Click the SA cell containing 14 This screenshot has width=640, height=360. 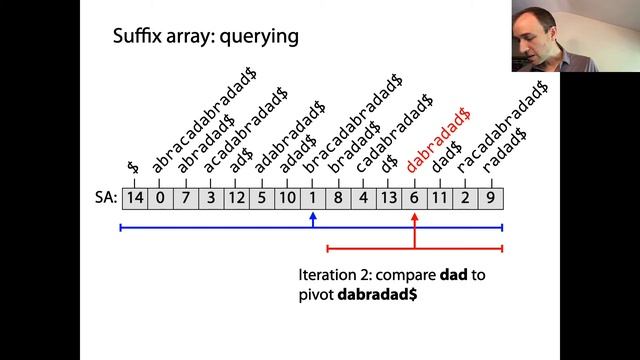pyautogui.click(x=134, y=198)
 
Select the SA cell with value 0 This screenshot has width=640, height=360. pyautogui.click(x=160, y=198)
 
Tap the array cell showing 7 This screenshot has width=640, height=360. pyautogui.click(x=185, y=198)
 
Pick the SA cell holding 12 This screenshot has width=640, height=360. pyautogui.click(x=236, y=198)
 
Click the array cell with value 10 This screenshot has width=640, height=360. pyautogui.click(x=287, y=198)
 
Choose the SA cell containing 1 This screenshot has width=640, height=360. pyautogui.click(x=312, y=198)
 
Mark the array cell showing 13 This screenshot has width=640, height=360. pyautogui.click(x=389, y=198)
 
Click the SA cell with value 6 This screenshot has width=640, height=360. pyautogui.click(x=414, y=198)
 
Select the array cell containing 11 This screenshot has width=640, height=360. pyautogui.click(x=440, y=198)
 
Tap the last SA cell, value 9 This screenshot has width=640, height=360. pyautogui.click(x=490, y=198)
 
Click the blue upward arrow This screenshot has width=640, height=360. pyautogui.click(x=313, y=218)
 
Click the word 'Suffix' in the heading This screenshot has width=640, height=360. pyautogui.click(x=138, y=39)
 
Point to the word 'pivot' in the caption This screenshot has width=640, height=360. pyautogui.click(x=316, y=295)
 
